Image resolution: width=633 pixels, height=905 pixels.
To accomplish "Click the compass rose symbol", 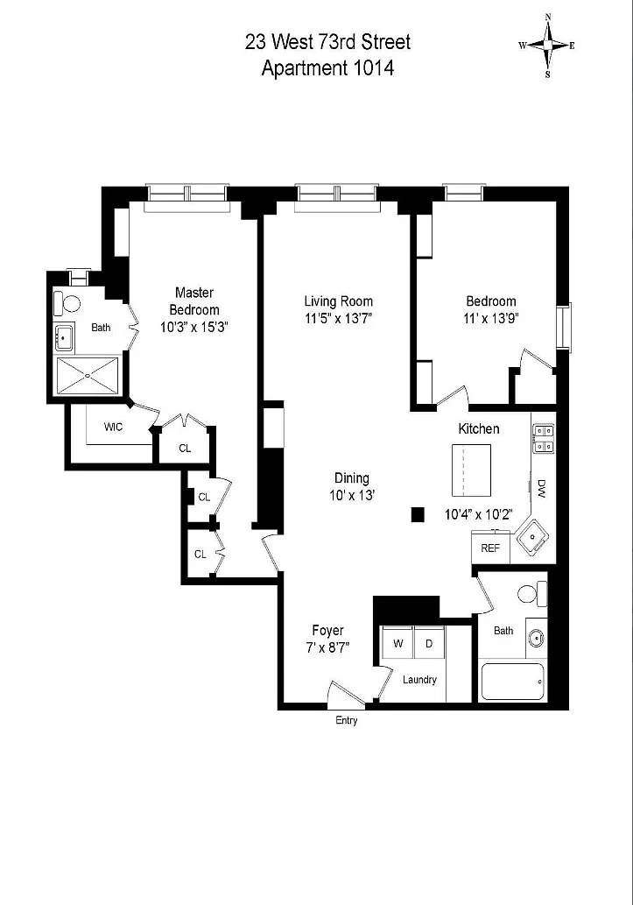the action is [547, 45].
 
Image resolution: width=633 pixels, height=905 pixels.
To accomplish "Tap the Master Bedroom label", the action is [193, 300].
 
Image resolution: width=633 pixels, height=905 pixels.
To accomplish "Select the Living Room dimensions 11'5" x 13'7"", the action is [339, 318].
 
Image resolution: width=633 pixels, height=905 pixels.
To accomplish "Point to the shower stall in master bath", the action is [87, 377].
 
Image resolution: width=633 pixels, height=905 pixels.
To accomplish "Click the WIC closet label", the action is [113, 428].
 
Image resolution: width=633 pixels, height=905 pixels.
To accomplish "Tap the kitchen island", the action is [471, 470].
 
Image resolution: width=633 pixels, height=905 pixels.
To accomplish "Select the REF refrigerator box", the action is [490, 548].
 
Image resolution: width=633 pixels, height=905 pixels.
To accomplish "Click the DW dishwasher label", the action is [542, 488].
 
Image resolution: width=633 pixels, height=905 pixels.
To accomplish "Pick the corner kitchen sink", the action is [532, 537].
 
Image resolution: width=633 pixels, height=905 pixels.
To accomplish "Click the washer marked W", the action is [398, 643].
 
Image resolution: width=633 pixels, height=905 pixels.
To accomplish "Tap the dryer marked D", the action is [429, 643].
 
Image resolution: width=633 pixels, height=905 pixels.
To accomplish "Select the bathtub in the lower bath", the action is [512, 682].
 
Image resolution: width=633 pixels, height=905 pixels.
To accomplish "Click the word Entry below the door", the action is [346, 720].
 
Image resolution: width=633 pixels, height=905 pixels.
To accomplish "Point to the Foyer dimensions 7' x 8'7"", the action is [327, 647].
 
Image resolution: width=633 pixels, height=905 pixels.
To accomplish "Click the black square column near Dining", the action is [418, 514].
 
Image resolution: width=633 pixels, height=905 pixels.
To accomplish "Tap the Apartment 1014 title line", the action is [327, 68].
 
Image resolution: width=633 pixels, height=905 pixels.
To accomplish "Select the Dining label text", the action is [351, 477].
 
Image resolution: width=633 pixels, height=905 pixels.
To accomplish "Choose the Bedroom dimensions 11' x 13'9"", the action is [491, 318].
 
